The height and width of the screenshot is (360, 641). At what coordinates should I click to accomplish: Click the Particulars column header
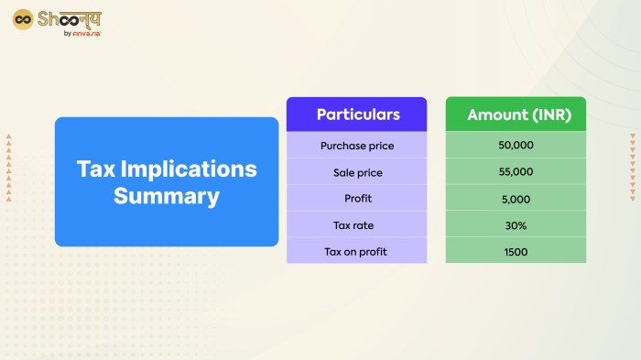point(357,115)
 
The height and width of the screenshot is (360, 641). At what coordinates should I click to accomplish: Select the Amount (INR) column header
point(516,115)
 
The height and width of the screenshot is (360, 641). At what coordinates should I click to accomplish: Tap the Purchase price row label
point(357,145)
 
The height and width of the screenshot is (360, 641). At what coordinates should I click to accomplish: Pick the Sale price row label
point(357,171)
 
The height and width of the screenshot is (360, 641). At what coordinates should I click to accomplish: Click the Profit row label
point(357,198)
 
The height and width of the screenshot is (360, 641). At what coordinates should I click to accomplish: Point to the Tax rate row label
point(357,224)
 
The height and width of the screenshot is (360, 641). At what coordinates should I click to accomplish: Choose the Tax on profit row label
point(357,251)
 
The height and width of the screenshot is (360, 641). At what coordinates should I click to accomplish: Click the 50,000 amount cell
point(516,145)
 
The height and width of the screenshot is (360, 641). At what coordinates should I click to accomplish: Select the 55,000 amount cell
point(516,171)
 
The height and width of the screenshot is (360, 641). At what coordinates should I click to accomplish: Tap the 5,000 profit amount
point(516,198)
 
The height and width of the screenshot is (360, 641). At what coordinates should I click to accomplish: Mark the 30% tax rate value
point(516,224)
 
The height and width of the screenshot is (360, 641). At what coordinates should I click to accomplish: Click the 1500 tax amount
point(516,251)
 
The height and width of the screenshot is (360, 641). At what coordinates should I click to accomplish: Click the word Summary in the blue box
point(167,196)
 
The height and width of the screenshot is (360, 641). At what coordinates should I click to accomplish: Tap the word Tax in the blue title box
point(94,169)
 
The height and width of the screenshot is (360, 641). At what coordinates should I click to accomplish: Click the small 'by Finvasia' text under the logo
point(81,34)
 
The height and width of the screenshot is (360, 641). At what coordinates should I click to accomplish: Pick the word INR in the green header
point(543,115)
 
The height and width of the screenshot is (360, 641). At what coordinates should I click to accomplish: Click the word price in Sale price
point(369,171)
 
